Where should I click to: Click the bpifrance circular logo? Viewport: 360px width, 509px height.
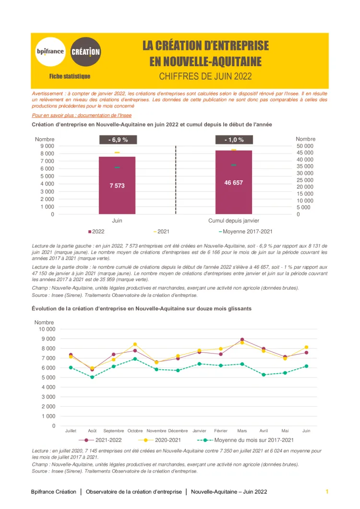tap(50, 51)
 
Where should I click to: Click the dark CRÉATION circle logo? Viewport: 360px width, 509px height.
tap(85, 51)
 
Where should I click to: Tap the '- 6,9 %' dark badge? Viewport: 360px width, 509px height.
tap(117, 140)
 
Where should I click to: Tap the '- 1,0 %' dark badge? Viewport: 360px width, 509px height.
tap(234, 140)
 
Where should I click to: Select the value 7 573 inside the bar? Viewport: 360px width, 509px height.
tap(117, 186)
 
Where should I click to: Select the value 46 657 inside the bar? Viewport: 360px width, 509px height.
tap(234, 183)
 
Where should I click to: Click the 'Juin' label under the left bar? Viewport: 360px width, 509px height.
tap(117, 221)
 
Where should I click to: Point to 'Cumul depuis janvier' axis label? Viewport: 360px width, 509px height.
tap(234, 221)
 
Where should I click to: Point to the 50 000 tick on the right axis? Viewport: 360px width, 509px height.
tap(305, 146)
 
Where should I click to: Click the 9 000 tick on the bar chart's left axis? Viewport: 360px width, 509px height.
tap(47, 146)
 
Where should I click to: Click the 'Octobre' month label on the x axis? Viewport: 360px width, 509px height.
tap(135, 431)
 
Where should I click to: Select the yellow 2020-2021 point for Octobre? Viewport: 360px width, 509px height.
tap(135, 344)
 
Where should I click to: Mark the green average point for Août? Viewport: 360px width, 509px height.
tap(92, 377)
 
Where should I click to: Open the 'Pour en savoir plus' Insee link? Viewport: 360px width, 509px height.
tap(82, 116)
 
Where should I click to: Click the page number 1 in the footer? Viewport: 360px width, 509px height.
tap(327, 492)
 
